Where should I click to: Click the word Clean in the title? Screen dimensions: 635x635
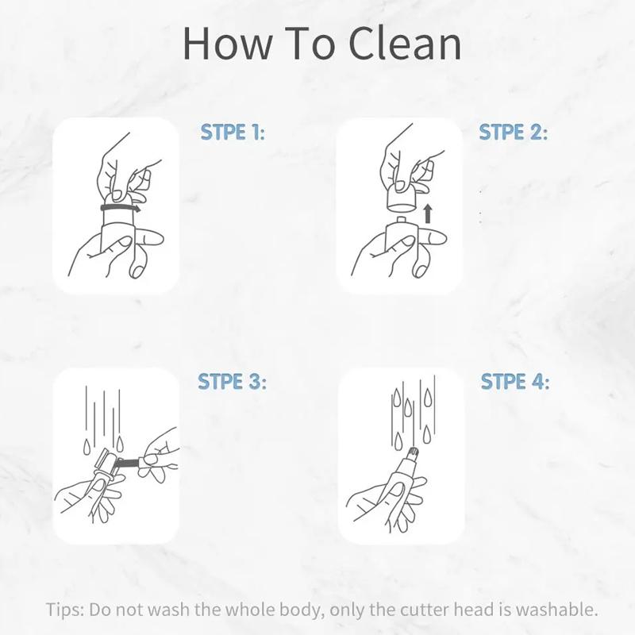click(405, 44)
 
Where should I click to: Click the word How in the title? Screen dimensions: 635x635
click(227, 44)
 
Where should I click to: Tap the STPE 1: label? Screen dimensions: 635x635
click(233, 132)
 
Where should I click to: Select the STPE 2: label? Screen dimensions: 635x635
click(513, 132)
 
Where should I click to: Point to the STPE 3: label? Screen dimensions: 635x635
click(232, 382)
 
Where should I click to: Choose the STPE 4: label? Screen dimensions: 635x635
click(515, 382)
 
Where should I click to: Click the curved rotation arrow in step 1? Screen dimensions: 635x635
click(121, 209)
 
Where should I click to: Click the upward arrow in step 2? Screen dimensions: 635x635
click(428, 214)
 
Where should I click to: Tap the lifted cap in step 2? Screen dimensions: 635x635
click(402, 198)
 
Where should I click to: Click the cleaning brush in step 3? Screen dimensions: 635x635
click(129, 462)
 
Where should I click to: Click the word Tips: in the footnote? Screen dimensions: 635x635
click(65, 610)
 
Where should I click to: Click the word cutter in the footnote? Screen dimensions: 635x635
click(425, 610)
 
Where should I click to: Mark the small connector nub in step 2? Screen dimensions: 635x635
click(401, 220)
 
